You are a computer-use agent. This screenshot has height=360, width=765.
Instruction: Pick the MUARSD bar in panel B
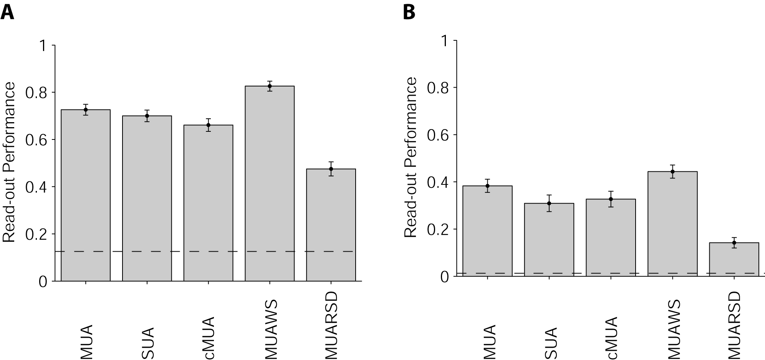[734, 259]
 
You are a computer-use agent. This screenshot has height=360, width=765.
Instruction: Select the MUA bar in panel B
[487, 231]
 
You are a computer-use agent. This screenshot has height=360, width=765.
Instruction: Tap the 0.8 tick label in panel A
[35, 93]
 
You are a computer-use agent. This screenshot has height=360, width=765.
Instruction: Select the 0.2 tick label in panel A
[35, 234]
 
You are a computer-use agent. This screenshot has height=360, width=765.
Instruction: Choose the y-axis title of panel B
[411, 157]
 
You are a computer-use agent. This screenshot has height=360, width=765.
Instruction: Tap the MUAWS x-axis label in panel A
[272, 330]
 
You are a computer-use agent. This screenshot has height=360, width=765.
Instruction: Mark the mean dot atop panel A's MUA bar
[86, 110]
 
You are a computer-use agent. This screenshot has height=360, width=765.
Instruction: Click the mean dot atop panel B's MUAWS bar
[672, 172]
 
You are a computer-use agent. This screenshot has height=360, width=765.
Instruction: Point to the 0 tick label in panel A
[43, 282]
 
